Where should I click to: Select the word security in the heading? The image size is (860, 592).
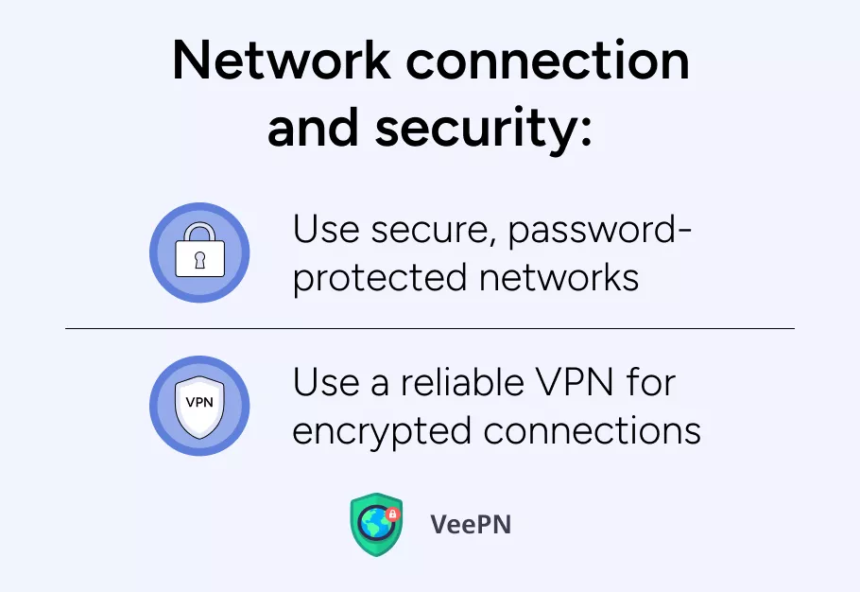pos(482,129)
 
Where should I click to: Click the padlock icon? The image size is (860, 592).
pos(199,252)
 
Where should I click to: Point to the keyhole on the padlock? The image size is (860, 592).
pos(199,260)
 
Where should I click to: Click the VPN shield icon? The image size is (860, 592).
pos(199,405)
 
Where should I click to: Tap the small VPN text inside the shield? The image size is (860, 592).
pos(199,401)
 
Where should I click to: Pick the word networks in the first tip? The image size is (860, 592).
pos(559,279)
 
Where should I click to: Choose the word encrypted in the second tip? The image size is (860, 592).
pos(383,431)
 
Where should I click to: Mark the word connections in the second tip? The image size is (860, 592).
pos(593,431)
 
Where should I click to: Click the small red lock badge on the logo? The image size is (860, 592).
pos(394,514)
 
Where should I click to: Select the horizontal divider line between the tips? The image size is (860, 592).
pos(430,329)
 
